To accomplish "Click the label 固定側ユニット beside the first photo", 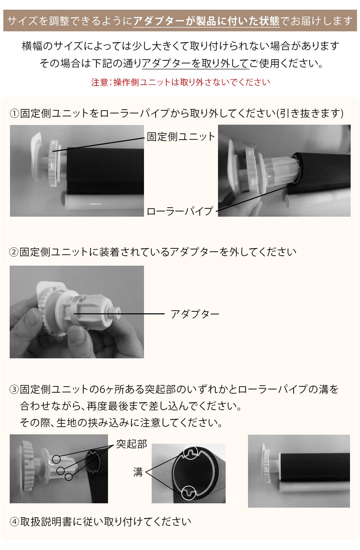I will pos(181,137).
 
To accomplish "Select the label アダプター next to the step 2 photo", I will pos(195,314).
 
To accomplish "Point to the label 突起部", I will pos(131,444).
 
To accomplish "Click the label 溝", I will pos(138,472).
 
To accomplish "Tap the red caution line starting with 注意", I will pos(180,82).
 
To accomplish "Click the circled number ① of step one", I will pos(15,114).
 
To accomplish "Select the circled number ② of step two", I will pos(14,252).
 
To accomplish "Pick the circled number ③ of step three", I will pos(14,389).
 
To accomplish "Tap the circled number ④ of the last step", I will pos(15,522).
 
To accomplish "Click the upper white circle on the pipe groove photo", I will pos(191,452).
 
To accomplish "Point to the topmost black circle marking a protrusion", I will pos(56,459).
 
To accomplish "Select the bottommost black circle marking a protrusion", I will pos(69,477).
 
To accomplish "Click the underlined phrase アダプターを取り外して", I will pos(195,63).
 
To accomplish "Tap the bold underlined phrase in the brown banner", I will pos(206,21).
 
